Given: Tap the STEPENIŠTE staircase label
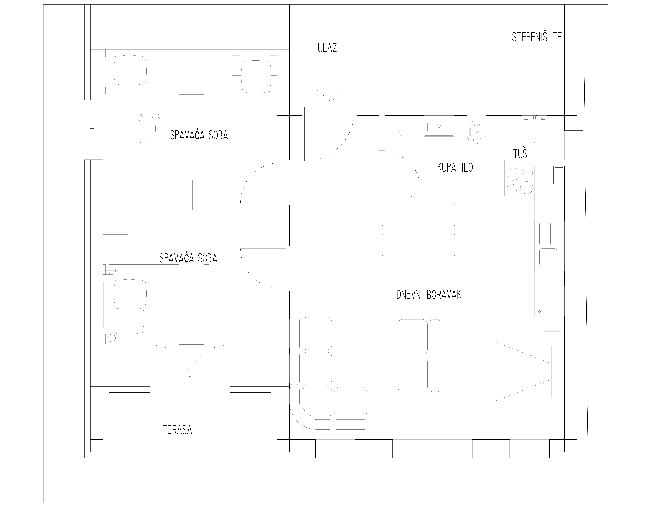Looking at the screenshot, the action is point(537,37).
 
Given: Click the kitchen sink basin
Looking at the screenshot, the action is point(548,257).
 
